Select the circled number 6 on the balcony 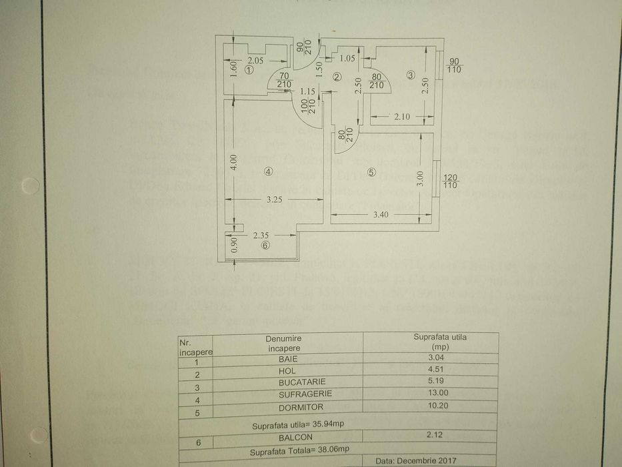click(x=265, y=246)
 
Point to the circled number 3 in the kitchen click(x=411, y=75)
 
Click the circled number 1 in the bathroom click(x=249, y=69)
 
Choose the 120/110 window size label click(x=450, y=181)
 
